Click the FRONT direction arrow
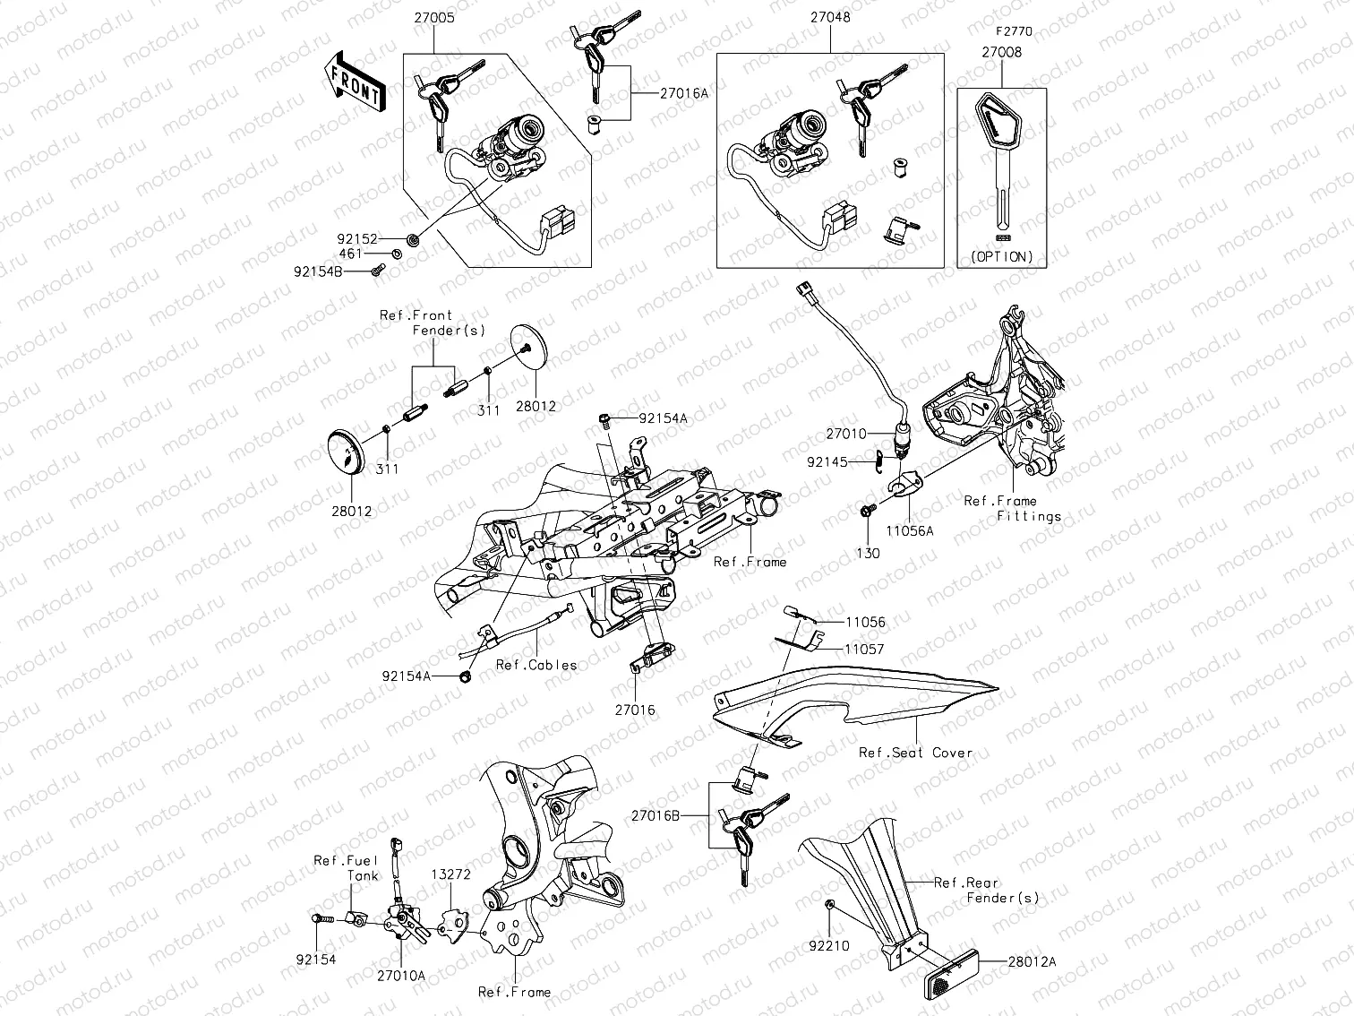pos(355,82)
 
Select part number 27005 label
pos(434,17)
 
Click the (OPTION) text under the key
pos(1001,256)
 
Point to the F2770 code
pos(1014,31)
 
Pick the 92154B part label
pos(317,270)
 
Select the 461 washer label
pos(350,254)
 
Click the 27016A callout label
pos(684,92)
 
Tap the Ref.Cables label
pos(536,665)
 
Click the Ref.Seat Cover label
pos(915,753)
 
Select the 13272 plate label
pos(451,874)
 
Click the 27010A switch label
pos(400,976)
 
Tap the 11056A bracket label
pos(910,530)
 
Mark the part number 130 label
pos(868,553)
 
